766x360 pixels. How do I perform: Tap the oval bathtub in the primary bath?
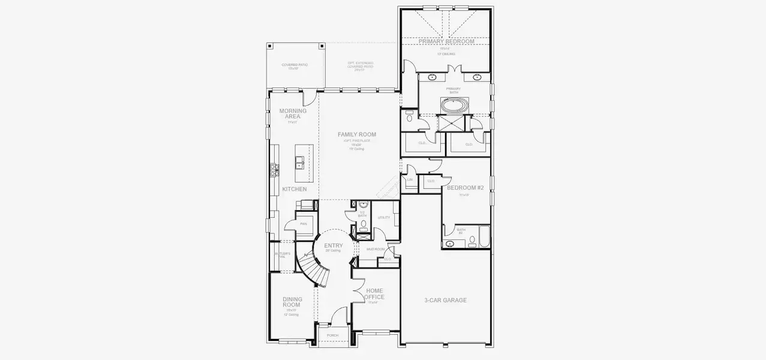453,106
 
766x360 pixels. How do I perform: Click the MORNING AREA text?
293,113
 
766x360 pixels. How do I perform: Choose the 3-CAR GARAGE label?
445,300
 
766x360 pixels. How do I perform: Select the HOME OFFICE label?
374,294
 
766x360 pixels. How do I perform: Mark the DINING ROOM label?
292,302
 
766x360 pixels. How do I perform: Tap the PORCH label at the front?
332,335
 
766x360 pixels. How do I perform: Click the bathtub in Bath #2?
484,236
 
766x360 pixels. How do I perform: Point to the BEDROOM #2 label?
465,188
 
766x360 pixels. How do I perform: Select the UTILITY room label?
384,218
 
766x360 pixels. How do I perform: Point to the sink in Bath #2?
449,244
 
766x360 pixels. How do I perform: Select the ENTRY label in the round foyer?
334,246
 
